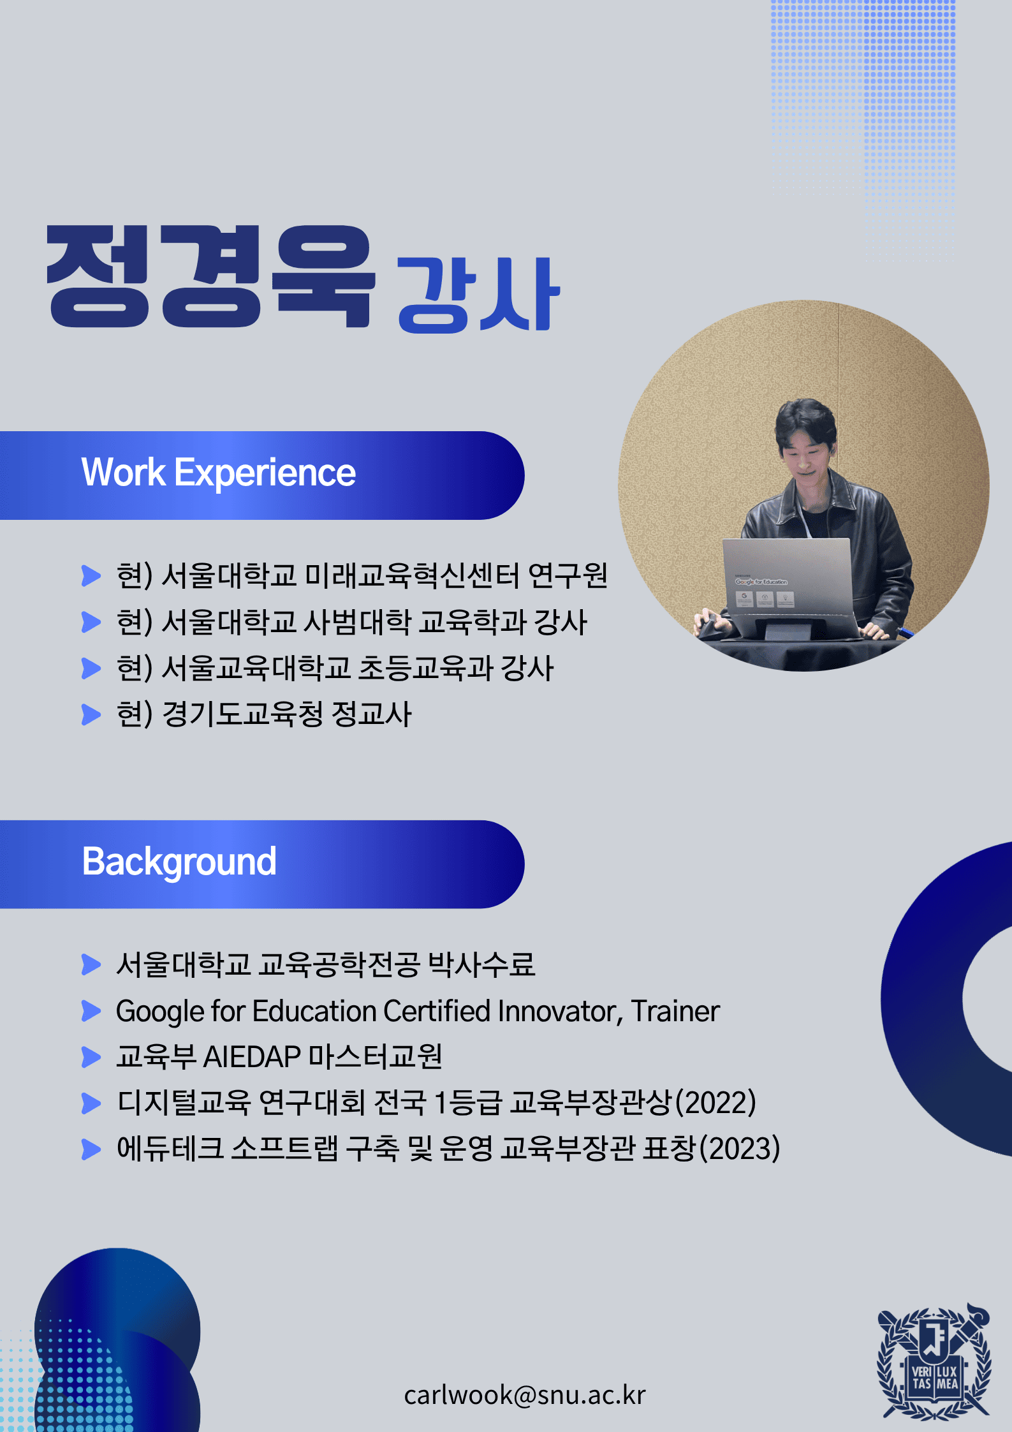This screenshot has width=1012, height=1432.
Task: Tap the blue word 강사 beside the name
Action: (478, 295)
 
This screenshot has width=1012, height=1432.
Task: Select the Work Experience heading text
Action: (218, 473)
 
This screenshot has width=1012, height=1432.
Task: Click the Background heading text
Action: (179, 863)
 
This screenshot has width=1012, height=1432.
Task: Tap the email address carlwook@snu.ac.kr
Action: (525, 1395)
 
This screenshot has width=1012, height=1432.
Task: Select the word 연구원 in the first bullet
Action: (568, 575)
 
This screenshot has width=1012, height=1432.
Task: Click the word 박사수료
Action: (481, 964)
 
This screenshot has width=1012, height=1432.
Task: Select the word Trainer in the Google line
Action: (675, 1011)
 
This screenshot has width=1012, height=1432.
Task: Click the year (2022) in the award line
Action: (715, 1103)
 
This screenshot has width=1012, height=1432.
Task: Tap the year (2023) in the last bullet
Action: (740, 1149)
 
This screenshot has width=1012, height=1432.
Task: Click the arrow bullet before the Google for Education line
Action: (91, 1011)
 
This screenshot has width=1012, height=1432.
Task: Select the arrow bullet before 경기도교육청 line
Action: (91, 714)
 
